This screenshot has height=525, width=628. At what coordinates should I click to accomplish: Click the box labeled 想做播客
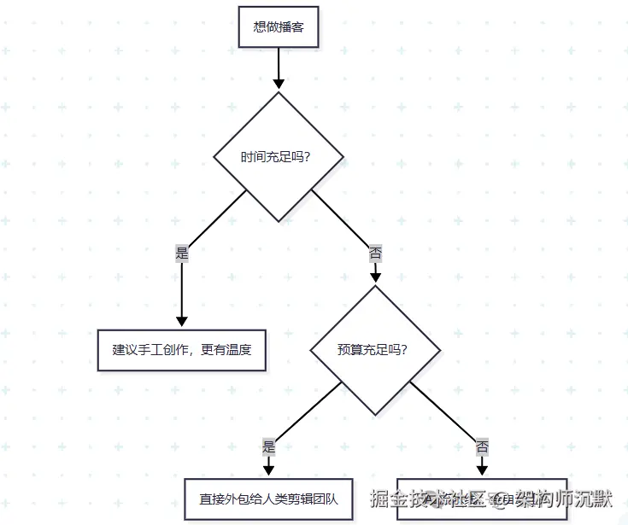279,27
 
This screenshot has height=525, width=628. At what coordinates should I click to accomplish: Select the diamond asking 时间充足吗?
279,157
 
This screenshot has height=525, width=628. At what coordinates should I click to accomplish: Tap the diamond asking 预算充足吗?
375,349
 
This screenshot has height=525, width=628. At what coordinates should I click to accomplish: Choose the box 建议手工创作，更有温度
181,350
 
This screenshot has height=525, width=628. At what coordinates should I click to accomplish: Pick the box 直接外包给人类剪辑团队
268,499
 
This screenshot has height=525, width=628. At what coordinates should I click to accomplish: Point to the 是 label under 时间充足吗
181,254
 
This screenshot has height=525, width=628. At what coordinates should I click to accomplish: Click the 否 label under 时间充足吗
375,254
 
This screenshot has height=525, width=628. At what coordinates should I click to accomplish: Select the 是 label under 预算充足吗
268,446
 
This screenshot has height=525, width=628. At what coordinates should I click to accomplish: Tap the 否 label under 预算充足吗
482,446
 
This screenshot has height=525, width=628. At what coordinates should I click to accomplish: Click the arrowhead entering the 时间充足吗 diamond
279,83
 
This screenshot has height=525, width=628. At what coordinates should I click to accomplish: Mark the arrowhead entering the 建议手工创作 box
181,321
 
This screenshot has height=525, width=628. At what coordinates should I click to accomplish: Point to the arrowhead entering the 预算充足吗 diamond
375,277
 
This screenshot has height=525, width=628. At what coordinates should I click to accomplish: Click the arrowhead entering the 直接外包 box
268,470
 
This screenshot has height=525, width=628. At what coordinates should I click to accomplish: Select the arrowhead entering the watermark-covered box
482,470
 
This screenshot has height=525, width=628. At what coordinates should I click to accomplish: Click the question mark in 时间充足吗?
306,158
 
